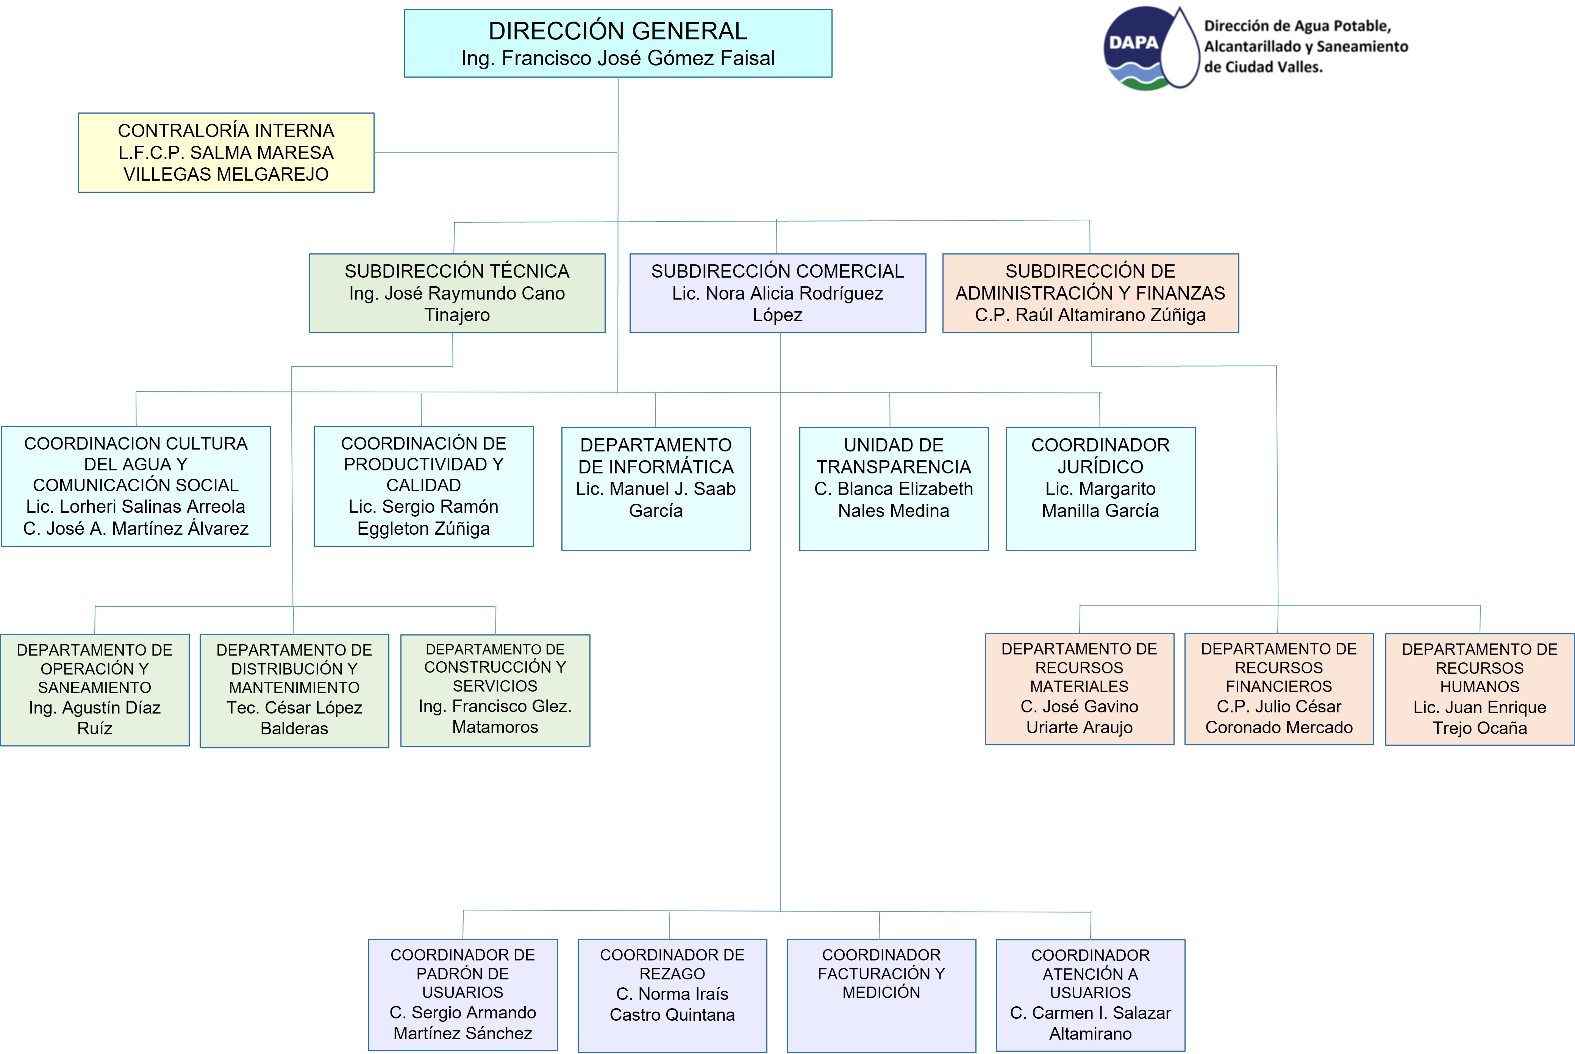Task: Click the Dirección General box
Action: pyautogui.click(x=618, y=43)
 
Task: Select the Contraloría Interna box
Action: pyautogui.click(x=226, y=153)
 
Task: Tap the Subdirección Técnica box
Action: pyautogui.click(x=457, y=293)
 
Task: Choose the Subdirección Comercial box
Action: pyautogui.click(x=778, y=293)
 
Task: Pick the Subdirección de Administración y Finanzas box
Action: pyautogui.click(x=1090, y=293)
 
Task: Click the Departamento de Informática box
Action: pyautogui.click(x=656, y=489)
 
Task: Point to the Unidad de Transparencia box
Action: pyautogui.click(x=894, y=489)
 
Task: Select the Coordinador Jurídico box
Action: pyautogui.click(x=1100, y=489)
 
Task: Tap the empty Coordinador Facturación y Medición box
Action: pyautogui.click(x=881, y=996)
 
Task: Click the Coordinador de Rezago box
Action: pyautogui.click(x=672, y=996)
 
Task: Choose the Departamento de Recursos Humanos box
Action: pyautogui.click(x=1480, y=689)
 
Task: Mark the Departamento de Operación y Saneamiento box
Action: pyautogui.click(x=95, y=690)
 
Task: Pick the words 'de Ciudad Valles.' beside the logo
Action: pyautogui.click(x=1263, y=67)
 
